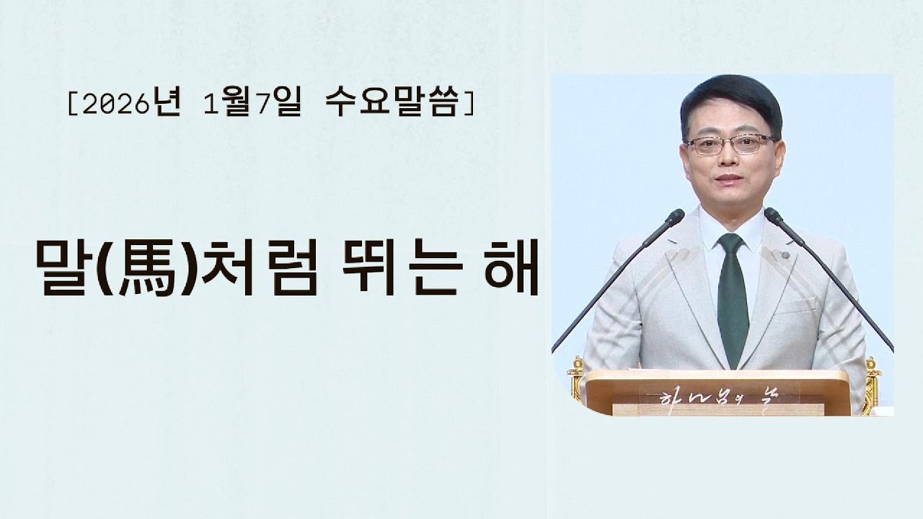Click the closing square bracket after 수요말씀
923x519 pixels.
(x=470, y=107)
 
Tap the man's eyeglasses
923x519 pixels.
(x=730, y=143)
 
